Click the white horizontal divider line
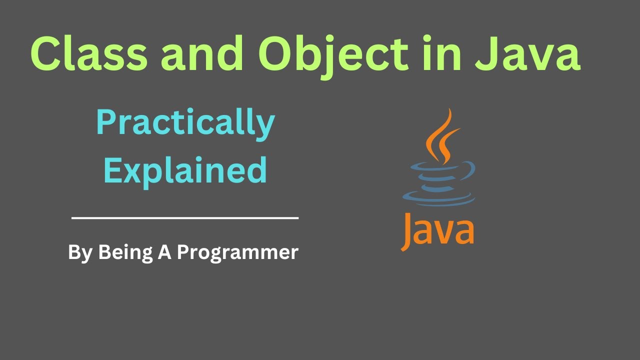click(x=185, y=218)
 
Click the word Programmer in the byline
click(x=237, y=252)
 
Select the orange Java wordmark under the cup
click(x=437, y=230)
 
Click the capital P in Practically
click(x=106, y=122)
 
